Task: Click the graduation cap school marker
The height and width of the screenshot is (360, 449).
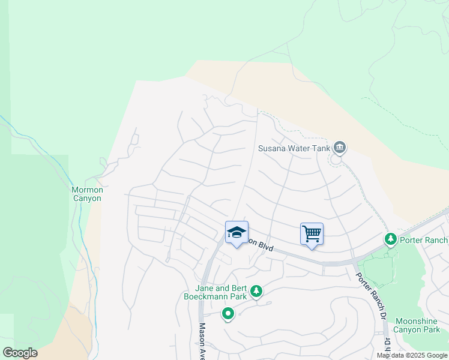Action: pos(237,232)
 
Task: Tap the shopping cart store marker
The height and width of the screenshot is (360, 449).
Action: pos(312,234)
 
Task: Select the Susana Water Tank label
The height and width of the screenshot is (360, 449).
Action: pos(294,148)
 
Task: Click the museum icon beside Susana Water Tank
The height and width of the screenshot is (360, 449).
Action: pos(340,147)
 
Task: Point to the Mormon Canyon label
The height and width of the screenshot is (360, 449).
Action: pos(87,194)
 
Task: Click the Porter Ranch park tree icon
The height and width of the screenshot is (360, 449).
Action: pos(391,239)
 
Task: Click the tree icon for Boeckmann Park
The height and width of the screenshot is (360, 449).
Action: pos(256,291)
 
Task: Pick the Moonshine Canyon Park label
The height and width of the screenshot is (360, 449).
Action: pos(417,325)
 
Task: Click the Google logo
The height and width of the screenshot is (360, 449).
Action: pos(20,353)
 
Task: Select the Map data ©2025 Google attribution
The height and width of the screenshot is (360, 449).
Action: pos(412,355)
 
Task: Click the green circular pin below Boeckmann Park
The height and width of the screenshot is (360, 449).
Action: pos(228,314)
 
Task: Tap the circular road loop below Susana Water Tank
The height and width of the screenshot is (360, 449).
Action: pos(336,160)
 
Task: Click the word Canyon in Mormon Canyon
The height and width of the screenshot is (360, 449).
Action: pos(87,199)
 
